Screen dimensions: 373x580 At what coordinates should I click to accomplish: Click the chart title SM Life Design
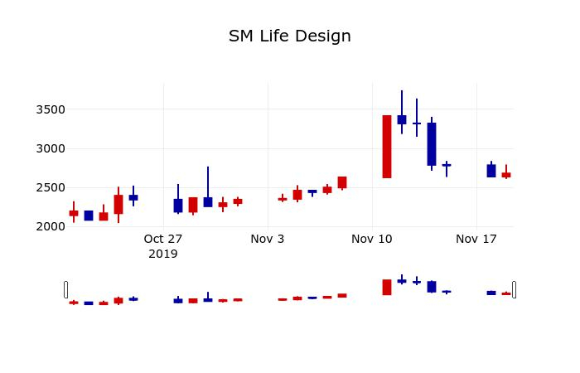(x=290, y=36)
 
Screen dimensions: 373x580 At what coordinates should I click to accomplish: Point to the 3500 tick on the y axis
(x=49, y=109)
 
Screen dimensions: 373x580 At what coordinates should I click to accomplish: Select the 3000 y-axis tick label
(x=49, y=148)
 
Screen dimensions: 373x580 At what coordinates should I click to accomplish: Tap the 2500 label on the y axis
(x=49, y=187)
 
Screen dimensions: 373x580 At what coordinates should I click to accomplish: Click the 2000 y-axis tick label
(x=49, y=226)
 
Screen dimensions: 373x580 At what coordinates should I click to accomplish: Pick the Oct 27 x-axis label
(x=163, y=239)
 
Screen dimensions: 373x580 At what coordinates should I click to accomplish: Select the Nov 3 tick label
(x=268, y=239)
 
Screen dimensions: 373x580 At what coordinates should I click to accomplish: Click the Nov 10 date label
(x=372, y=239)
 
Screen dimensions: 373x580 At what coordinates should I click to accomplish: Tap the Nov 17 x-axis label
(x=476, y=239)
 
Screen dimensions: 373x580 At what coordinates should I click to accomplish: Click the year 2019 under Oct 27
(x=163, y=254)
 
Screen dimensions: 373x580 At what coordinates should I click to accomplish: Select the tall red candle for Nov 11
(x=387, y=147)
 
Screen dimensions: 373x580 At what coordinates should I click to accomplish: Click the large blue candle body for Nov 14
(x=432, y=144)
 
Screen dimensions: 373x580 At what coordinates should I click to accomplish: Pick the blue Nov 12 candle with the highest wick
(x=402, y=120)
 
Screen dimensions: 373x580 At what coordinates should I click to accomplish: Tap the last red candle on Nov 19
(x=506, y=175)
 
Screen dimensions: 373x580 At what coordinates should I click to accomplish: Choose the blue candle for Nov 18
(x=491, y=171)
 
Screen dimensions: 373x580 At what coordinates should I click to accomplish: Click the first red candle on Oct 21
(x=74, y=213)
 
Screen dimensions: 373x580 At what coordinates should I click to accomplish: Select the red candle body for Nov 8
(x=342, y=182)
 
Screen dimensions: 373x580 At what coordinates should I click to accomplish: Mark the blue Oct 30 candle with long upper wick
(x=208, y=201)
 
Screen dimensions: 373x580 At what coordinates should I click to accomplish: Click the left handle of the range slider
(x=66, y=289)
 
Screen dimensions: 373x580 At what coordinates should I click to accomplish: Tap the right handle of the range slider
(x=514, y=289)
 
